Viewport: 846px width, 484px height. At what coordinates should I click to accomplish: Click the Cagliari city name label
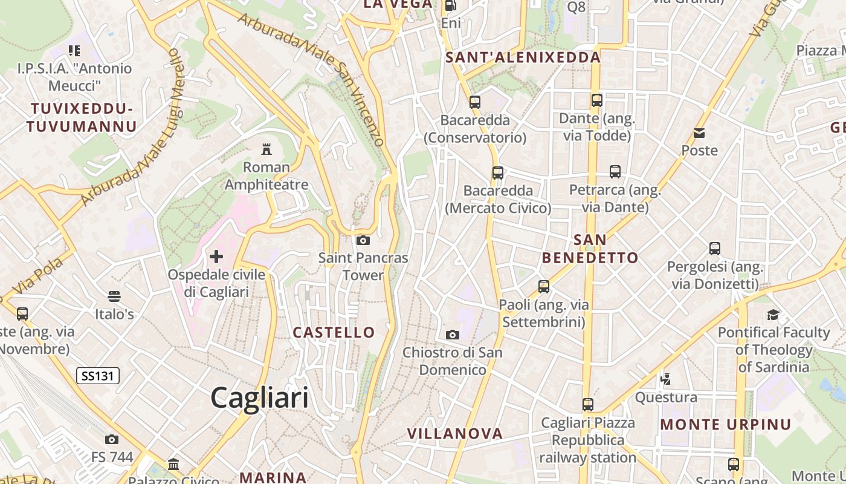pyautogui.click(x=259, y=397)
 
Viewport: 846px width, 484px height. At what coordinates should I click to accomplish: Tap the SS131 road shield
pyautogui.click(x=98, y=376)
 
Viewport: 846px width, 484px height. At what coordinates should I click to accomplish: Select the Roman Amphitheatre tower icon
pyautogui.click(x=266, y=149)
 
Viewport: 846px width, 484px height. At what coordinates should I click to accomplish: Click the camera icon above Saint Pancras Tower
pyautogui.click(x=363, y=240)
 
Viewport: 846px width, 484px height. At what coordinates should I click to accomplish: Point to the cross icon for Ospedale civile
pyautogui.click(x=216, y=257)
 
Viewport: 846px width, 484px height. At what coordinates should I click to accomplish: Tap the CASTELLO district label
pyautogui.click(x=334, y=332)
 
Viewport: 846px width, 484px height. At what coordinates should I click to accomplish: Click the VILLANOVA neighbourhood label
pyautogui.click(x=455, y=433)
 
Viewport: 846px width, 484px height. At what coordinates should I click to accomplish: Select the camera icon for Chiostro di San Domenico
pyautogui.click(x=452, y=335)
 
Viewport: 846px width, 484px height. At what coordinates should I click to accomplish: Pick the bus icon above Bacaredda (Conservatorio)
pyautogui.click(x=475, y=102)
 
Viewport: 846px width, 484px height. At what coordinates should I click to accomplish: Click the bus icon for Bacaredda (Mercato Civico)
pyautogui.click(x=498, y=173)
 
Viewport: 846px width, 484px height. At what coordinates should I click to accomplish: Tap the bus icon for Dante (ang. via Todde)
pyautogui.click(x=597, y=100)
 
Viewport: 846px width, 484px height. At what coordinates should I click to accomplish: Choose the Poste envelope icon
pyautogui.click(x=699, y=133)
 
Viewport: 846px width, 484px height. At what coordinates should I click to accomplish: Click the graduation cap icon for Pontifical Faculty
pyautogui.click(x=773, y=315)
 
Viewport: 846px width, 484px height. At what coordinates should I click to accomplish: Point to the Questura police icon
pyautogui.click(x=666, y=379)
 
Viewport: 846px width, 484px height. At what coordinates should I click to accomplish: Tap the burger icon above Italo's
pyautogui.click(x=114, y=296)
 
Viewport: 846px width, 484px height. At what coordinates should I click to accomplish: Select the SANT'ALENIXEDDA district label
pyautogui.click(x=523, y=57)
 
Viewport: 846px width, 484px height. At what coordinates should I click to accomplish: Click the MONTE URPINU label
pyautogui.click(x=726, y=424)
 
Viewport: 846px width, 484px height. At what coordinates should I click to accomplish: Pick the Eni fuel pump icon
pyautogui.click(x=450, y=6)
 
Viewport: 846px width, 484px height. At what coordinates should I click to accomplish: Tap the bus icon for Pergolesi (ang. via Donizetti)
pyautogui.click(x=715, y=248)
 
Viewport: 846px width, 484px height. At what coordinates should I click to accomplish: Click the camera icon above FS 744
pyautogui.click(x=112, y=439)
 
